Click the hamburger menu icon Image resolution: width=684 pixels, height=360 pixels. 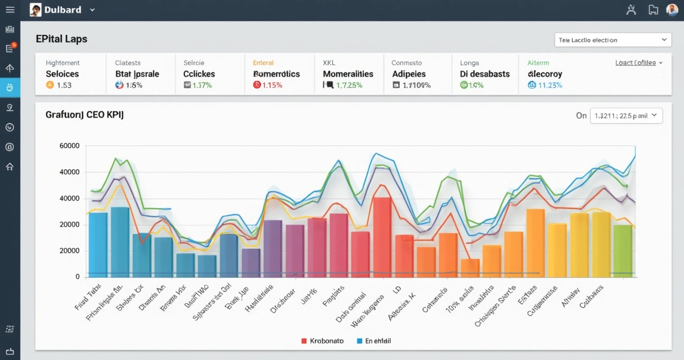point(10,10)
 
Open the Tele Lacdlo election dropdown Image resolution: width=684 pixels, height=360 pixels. point(613,40)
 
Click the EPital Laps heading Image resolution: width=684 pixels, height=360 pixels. point(61,39)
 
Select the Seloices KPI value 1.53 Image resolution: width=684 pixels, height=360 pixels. point(64,85)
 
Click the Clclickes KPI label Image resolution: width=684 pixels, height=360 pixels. point(199,74)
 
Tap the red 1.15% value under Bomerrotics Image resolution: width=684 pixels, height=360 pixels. point(272,85)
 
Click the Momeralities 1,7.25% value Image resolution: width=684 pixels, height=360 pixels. point(349,85)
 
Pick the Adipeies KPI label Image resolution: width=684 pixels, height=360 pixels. point(408,74)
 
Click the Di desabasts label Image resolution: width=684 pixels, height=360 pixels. point(484,74)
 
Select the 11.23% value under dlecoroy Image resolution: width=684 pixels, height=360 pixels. point(550,85)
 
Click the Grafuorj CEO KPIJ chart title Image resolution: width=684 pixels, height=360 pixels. point(84,115)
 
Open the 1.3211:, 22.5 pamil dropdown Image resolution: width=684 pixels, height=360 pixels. point(626,116)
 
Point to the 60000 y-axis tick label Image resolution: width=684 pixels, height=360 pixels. point(69,146)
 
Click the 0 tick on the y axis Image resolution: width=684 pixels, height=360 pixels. point(77,277)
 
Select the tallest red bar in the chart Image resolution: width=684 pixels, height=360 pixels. point(382,236)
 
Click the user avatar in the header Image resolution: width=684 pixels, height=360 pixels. point(672,10)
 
